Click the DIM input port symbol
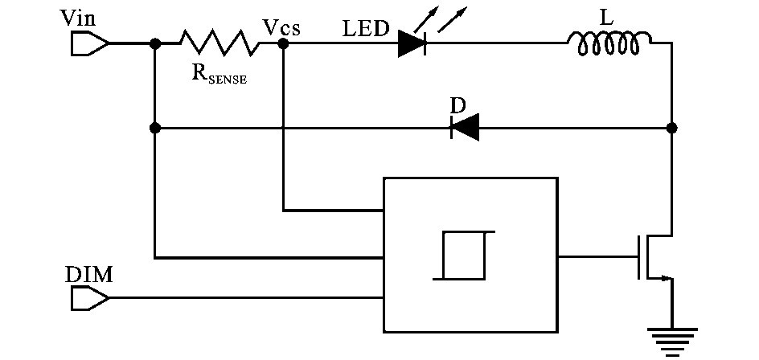pyautogui.click(x=89, y=298)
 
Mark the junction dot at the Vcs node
pyautogui.click(x=283, y=43)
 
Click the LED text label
pyautogui.click(x=365, y=30)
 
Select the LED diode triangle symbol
pyautogui.click(x=412, y=44)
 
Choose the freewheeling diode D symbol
pyautogui.click(x=464, y=128)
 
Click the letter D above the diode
pyautogui.click(x=457, y=105)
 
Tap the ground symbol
pyautogui.click(x=672, y=339)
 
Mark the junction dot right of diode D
pyautogui.click(x=672, y=128)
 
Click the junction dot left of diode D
pyautogui.click(x=155, y=128)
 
